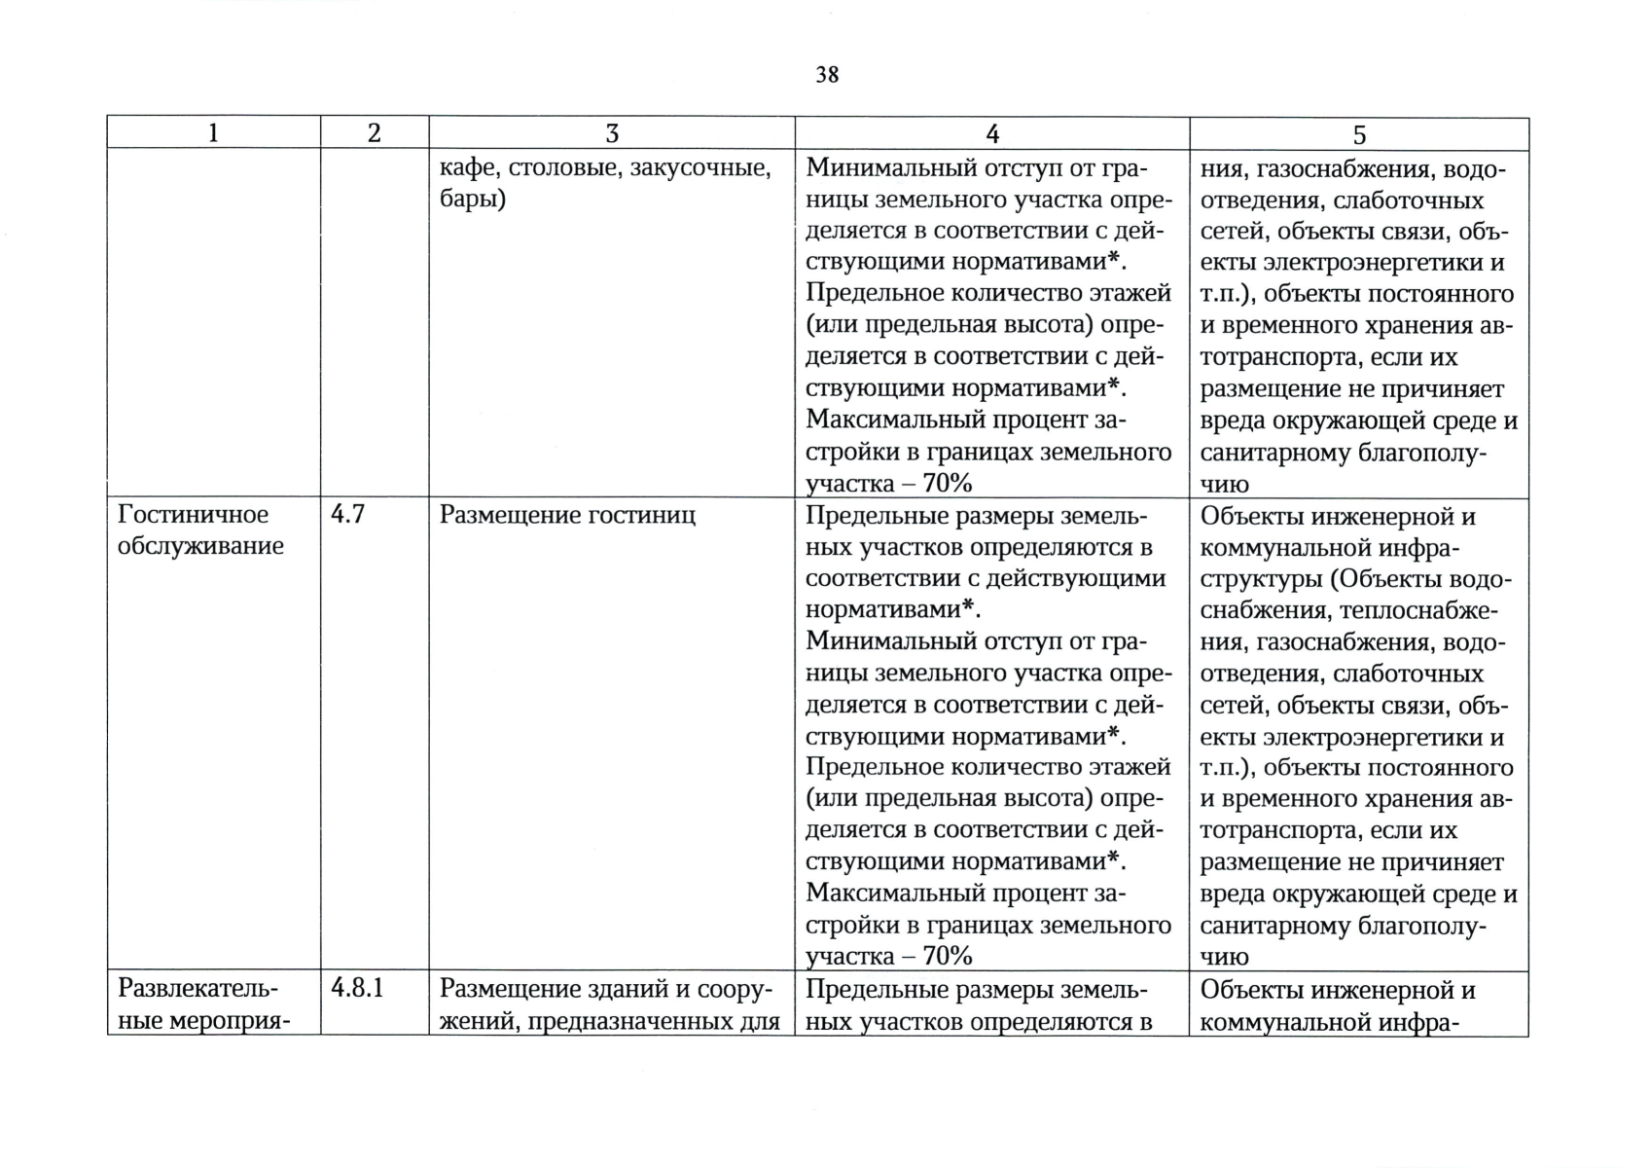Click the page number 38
click(x=827, y=75)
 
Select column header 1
click(x=214, y=133)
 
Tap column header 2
click(x=375, y=133)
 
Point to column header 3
click(x=612, y=133)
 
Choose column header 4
click(x=992, y=133)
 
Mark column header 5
click(x=1359, y=134)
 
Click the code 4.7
click(x=347, y=515)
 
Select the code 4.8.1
click(x=357, y=988)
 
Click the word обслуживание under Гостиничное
click(x=200, y=546)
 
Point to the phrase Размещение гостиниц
click(x=567, y=515)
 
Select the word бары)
click(x=473, y=201)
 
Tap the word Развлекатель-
click(x=197, y=989)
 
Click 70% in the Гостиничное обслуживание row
click(x=948, y=956)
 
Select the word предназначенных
click(x=651, y=1021)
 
